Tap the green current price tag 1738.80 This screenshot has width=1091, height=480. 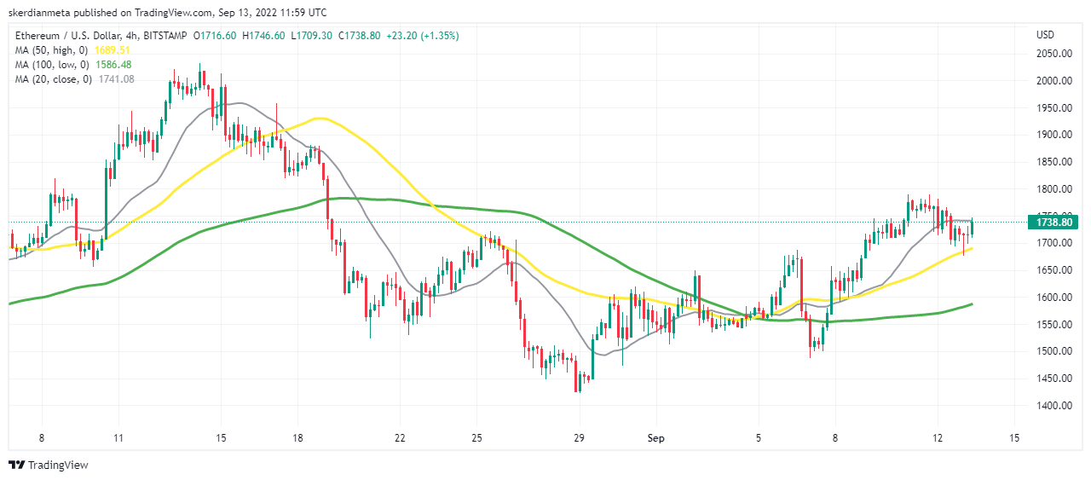(x=1053, y=223)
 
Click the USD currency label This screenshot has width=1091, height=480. (x=1045, y=35)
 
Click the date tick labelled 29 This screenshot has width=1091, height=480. (x=580, y=438)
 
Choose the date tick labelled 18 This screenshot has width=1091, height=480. (x=297, y=438)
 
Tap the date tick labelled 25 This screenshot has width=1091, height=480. (x=476, y=438)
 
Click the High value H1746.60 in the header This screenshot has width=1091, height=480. (x=264, y=36)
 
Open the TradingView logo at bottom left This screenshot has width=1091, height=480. (x=49, y=465)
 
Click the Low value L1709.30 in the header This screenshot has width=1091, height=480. (x=313, y=36)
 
